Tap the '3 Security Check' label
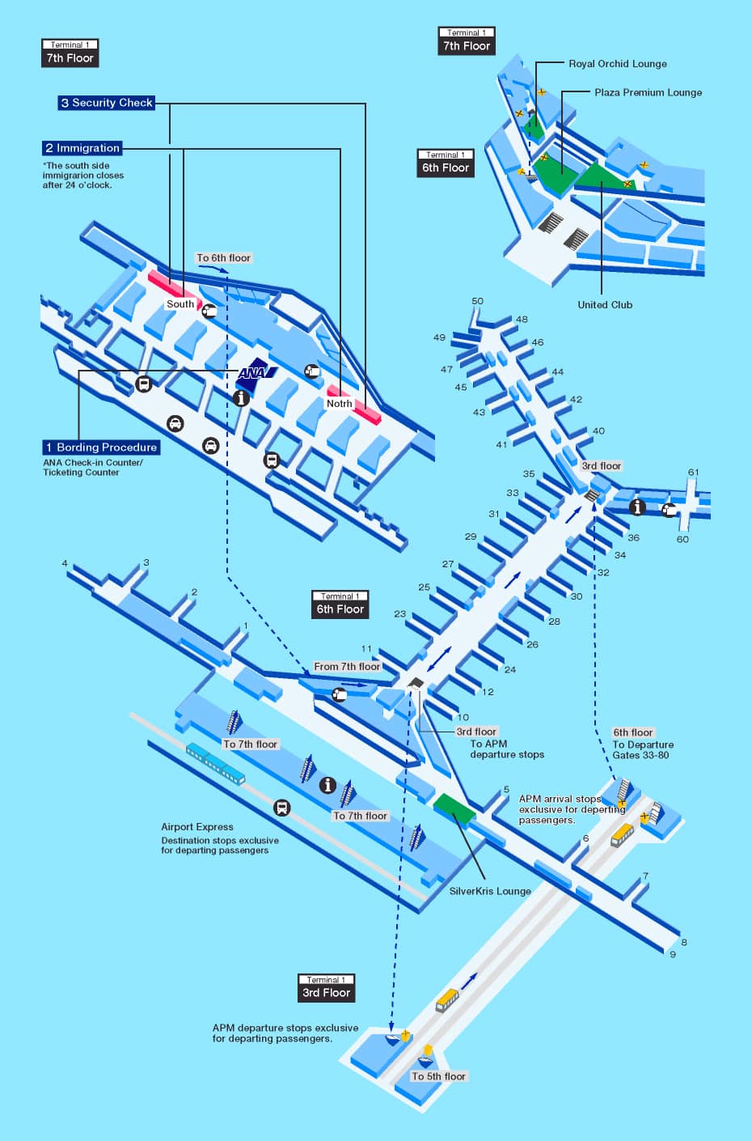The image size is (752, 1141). point(107,103)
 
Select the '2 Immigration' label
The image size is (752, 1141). point(82,148)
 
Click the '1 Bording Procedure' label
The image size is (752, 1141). point(101,447)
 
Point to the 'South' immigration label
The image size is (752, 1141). point(180,303)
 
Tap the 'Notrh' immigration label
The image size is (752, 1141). point(340,403)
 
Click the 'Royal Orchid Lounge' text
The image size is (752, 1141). point(617,64)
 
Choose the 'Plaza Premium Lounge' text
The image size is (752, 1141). point(648,92)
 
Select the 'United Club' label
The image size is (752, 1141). point(605,304)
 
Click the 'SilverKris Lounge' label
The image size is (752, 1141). point(490,891)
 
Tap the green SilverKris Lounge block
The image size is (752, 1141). point(454,807)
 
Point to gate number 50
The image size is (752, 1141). point(477,301)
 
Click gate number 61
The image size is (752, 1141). point(693,472)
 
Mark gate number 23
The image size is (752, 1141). point(399,613)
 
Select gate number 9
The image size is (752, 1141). point(673,954)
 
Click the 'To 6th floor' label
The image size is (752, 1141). point(224,257)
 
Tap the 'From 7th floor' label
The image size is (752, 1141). point(347,666)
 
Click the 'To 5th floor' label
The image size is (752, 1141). point(438,1076)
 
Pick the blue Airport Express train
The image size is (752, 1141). point(215,764)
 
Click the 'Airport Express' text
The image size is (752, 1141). point(197,827)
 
